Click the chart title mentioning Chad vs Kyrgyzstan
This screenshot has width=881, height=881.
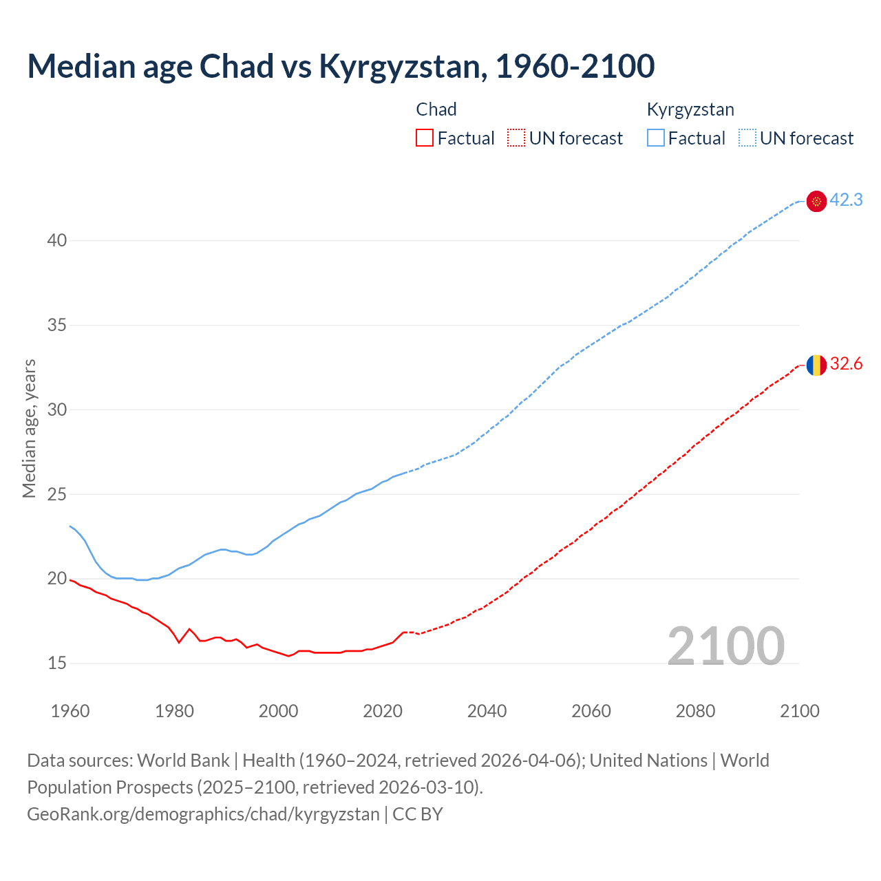pos(341,66)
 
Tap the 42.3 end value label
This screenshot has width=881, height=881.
pos(846,200)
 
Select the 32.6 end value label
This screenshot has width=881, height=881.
pos(846,363)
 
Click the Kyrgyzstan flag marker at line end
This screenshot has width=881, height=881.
pos(816,201)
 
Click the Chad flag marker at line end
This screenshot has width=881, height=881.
pos(816,365)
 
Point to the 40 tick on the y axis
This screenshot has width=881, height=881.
pos(57,240)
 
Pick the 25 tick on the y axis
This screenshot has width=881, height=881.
pos(57,494)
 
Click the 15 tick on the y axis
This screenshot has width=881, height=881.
pos(57,663)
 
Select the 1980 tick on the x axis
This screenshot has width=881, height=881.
pos(174,710)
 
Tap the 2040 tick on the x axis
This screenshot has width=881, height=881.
pos(487,710)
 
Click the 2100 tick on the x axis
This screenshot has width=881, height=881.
pos(799,710)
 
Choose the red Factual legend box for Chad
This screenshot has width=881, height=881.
pos(425,138)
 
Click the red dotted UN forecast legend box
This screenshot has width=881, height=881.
pos(516,138)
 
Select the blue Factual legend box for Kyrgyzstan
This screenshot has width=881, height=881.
pos(655,138)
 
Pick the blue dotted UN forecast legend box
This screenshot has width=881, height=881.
pos(747,138)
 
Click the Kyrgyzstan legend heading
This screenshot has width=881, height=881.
pos(690,109)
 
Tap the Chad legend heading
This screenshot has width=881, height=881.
pos(436,109)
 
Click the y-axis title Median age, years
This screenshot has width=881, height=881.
pos(29,428)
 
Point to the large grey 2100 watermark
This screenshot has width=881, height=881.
pos(726,646)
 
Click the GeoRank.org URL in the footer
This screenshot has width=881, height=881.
pos(203,814)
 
